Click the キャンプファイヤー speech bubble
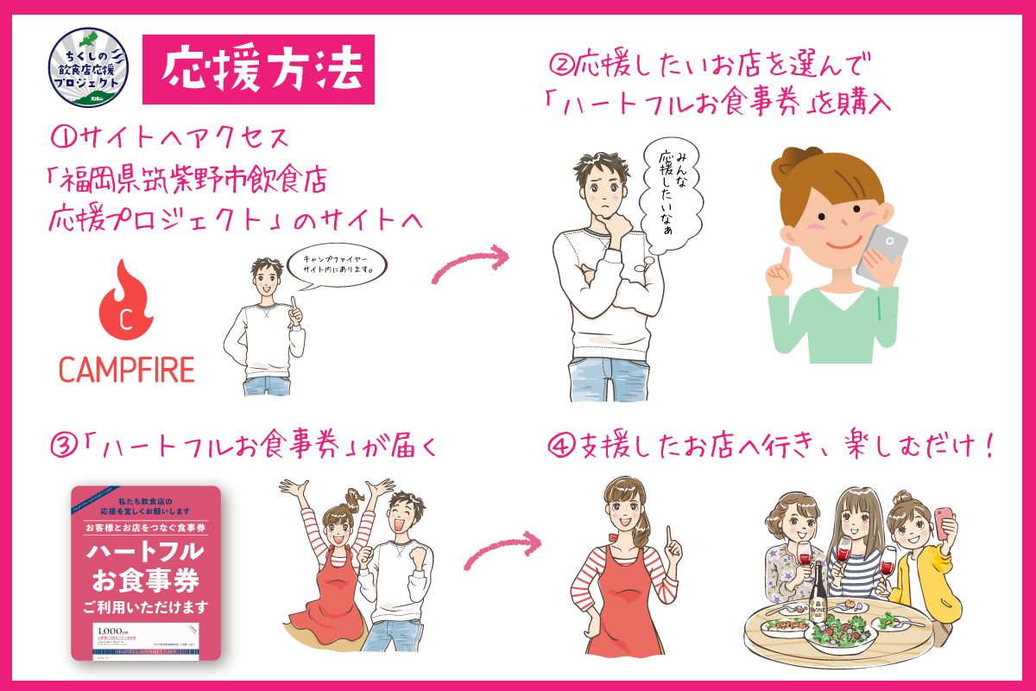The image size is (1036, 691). tap(335, 263)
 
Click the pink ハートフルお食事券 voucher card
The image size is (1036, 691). tap(145, 574)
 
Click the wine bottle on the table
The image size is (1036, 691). tap(817, 595)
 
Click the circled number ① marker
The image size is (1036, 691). tap(65, 137)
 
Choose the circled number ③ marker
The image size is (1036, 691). tap(64, 447)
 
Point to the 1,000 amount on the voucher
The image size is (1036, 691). tap(110, 629)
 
